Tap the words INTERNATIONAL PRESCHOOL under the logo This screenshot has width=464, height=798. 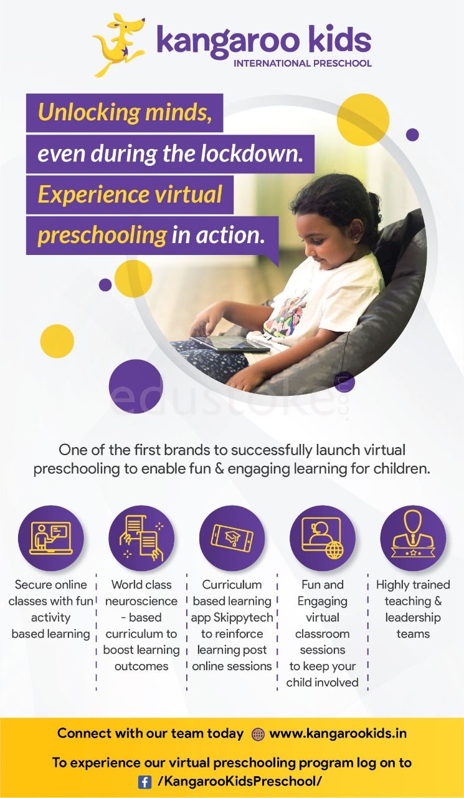click(303, 64)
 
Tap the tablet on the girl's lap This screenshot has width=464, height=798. click(230, 343)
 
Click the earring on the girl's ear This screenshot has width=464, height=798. click(356, 240)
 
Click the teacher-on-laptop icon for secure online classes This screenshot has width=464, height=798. click(51, 538)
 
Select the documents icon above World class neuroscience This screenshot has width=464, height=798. click(141, 538)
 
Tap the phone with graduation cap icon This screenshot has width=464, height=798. click(232, 538)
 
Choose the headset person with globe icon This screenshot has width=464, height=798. click(323, 538)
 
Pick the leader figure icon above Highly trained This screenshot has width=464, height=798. click(413, 538)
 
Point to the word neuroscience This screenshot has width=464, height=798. click(141, 601)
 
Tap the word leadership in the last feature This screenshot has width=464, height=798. click(413, 617)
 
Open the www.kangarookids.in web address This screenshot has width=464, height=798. click(338, 734)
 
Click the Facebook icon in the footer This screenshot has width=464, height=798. click(145, 782)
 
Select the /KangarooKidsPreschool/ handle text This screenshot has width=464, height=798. click(240, 781)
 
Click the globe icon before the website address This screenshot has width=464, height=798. click(258, 734)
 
